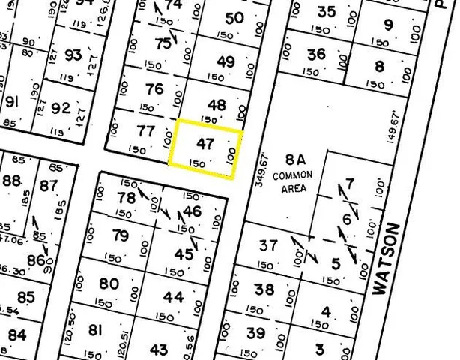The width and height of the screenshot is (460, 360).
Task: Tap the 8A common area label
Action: (x=292, y=173)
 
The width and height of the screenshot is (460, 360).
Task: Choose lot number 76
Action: (x=154, y=88)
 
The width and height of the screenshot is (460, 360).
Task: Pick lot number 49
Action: (x=225, y=61)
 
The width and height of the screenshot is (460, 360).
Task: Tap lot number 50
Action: (x=234, y=18)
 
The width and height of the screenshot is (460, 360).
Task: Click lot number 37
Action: (x=268, y=245)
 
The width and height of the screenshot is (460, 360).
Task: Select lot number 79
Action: (x=120, y=236)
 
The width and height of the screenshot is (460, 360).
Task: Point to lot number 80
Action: (x=109, y=283)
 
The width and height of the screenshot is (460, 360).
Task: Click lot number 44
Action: (x=173, y=298)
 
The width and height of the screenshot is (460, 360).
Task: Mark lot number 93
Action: (x=73, y=55)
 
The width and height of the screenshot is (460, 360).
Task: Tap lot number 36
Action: (x=316, y=54)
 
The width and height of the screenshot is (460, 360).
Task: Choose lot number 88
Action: (x=11, y=181)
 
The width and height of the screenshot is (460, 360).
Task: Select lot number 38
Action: (x=264, y=289)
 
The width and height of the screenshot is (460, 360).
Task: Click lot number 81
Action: (x=95, y=330)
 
